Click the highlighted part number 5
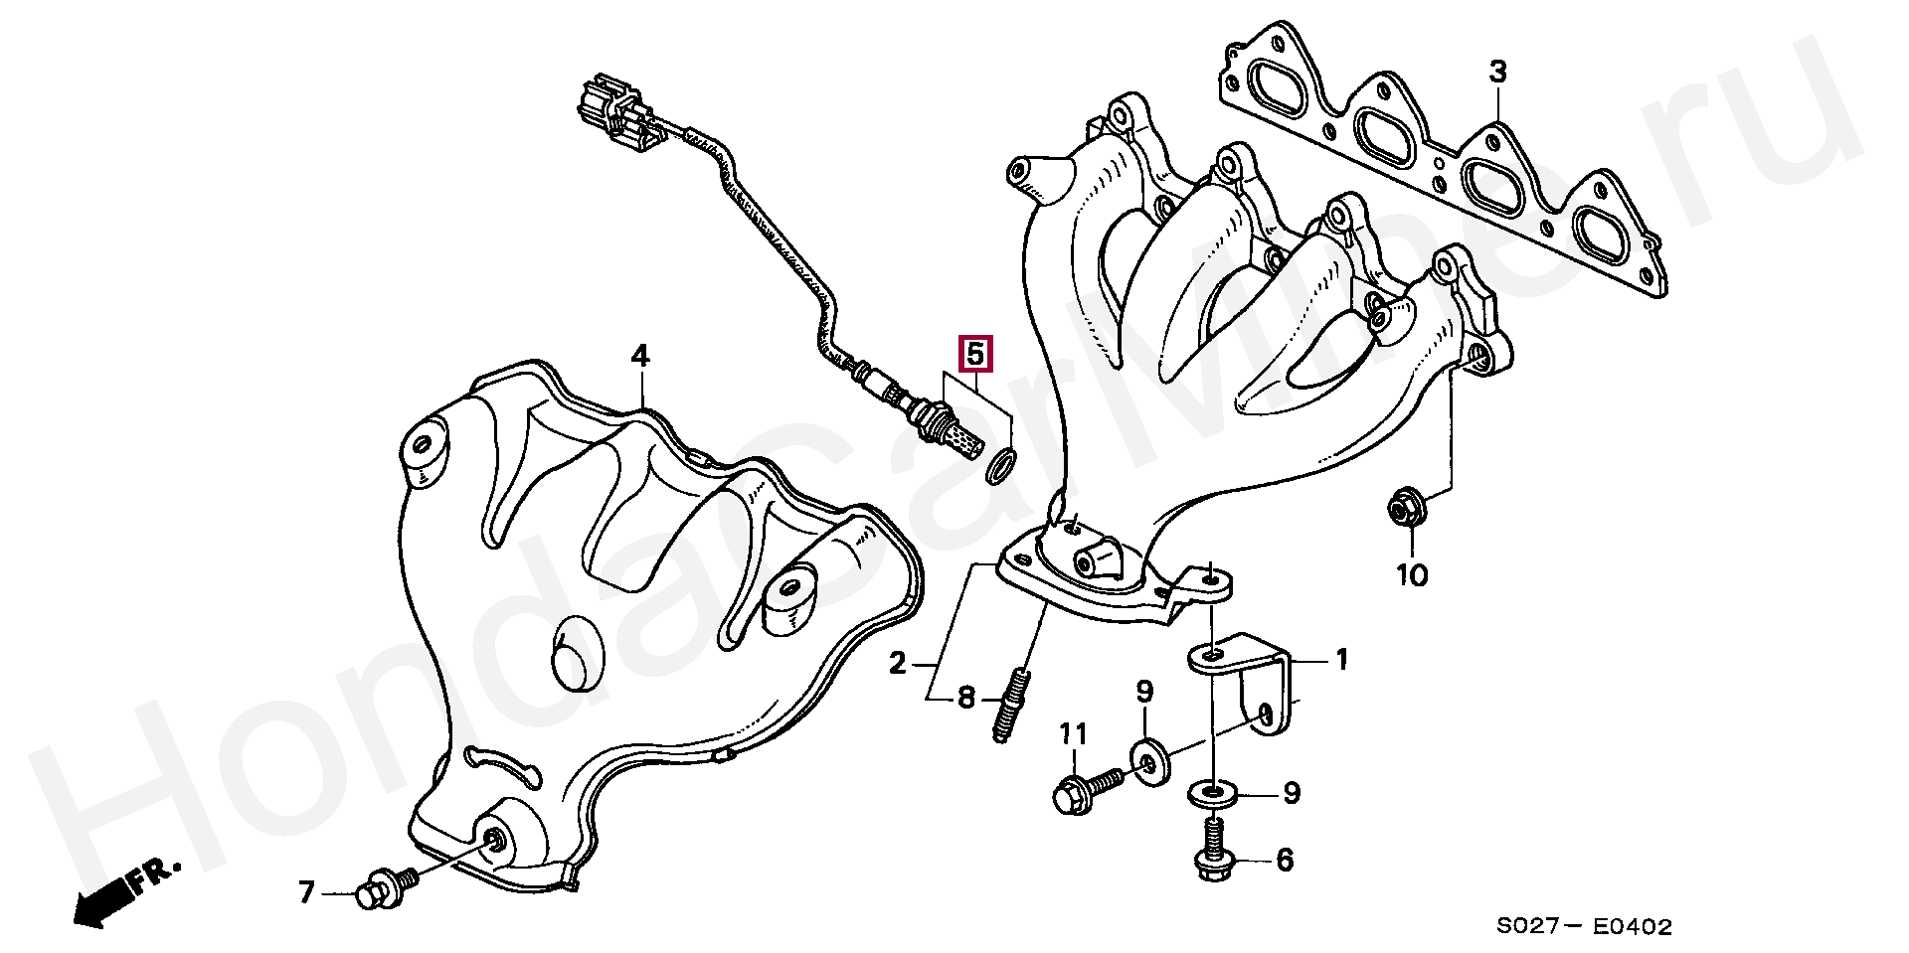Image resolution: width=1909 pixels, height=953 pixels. point(974,353)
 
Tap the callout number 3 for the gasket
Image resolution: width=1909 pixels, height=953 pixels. point(1497,72)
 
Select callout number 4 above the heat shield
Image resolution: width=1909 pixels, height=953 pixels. point(640,356)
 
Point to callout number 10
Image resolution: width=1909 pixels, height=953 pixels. point(1412,574)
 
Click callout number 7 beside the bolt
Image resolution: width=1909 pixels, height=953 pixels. point(306,893)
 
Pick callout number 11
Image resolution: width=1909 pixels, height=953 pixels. point(1074,735)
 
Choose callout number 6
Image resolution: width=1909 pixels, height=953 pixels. point(1285,860)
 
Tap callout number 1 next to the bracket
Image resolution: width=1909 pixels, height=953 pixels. point(1341,660)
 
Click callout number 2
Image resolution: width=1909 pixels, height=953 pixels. point(898,663)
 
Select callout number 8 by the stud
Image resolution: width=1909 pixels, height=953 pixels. point(966,699)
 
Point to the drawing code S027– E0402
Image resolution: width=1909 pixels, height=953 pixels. point(1585,927)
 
